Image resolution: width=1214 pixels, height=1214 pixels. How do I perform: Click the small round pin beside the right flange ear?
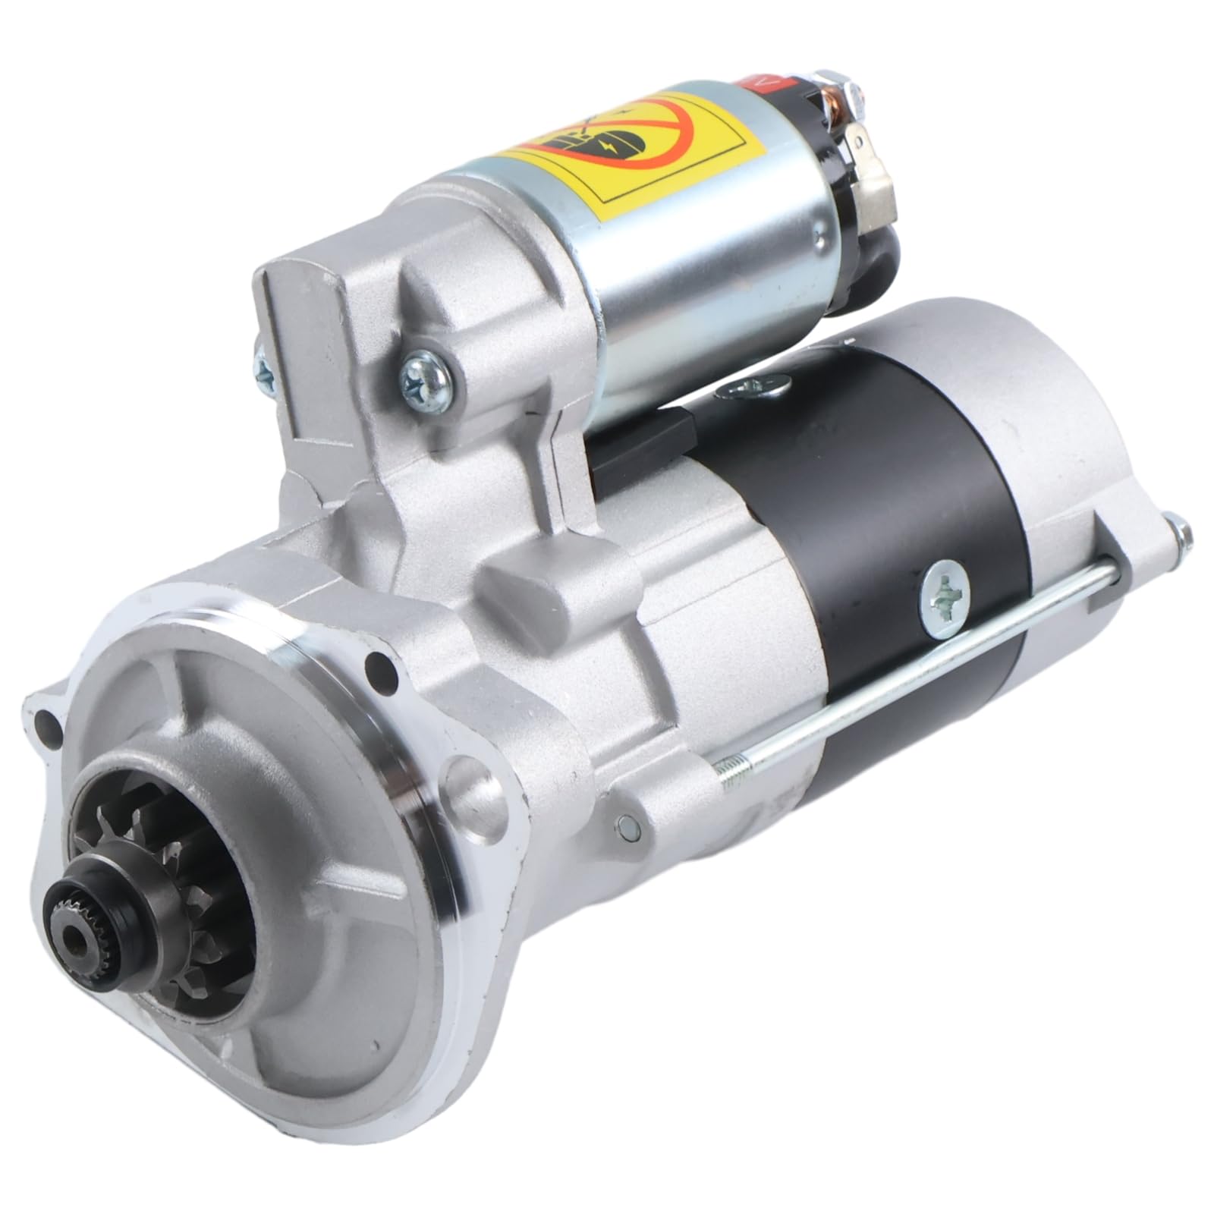(x=626, y=826)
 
